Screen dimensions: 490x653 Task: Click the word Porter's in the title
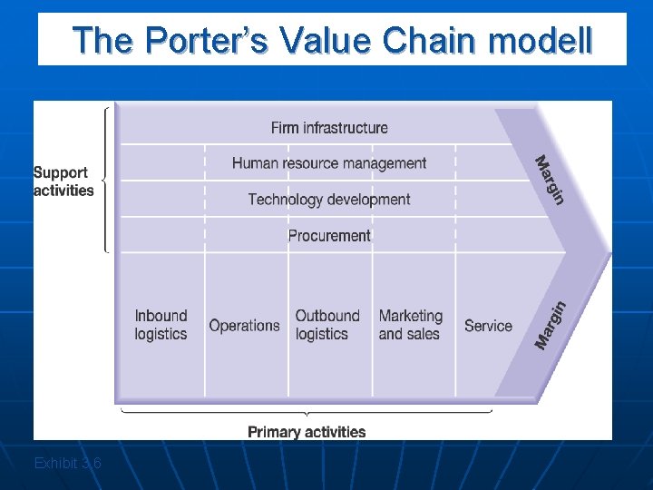[208, 41]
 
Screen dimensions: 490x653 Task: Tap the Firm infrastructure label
[329, 128]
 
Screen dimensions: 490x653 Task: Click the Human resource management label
[329, 163]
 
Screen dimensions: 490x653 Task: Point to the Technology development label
[329, 200]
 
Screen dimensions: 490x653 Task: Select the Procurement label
[329, 235]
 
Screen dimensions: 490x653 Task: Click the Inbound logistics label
[161, 325]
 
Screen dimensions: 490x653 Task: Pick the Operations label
[244, 326]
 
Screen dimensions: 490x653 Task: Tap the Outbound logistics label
[327, 325]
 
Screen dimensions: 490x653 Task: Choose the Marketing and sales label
[411, 325]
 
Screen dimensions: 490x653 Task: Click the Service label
[488, 326]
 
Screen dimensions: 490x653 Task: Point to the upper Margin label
[550, 180]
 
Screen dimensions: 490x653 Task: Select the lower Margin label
[551, 325]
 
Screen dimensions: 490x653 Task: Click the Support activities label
[63, 181]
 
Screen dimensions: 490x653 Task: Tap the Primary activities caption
[307, 432]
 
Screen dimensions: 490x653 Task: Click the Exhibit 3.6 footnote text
[67, 464]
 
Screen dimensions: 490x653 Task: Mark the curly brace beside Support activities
[108, 180]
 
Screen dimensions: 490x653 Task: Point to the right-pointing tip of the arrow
[609, 252]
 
